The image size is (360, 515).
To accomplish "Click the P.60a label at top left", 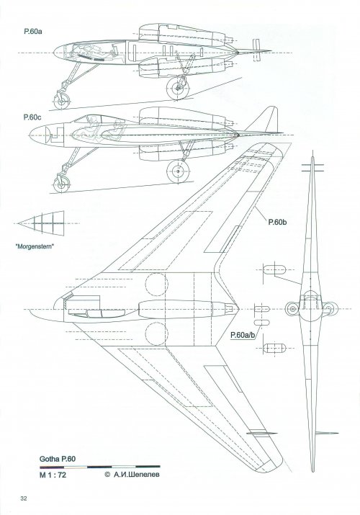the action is click(x=33, y=32).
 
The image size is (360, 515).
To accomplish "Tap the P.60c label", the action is click(x=32, y=117).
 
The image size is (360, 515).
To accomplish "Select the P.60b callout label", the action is click(x=278, y=222).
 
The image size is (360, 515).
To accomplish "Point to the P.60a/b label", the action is click(x=243, y=335).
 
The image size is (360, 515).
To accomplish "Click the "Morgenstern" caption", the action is click(x=35, y=246).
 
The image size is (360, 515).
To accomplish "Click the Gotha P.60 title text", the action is click(x=58, y=459).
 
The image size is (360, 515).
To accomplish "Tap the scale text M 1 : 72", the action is click(x=53, y=475).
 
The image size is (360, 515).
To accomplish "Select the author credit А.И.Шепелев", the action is click(x=132, y=474).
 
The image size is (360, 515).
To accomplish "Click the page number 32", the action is click(x=23, y=498).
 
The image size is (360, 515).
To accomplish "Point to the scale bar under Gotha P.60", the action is click(x=100, y=467).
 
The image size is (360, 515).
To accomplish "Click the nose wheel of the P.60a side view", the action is click(x=61, y=101).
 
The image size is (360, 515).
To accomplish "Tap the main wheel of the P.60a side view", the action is click(x=178, y=88).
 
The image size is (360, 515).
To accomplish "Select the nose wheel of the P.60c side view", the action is click(x=61, y=184).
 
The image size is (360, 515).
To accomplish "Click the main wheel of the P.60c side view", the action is click(x=178, y=171).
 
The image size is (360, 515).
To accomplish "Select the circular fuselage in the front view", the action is click(x=311, y=309).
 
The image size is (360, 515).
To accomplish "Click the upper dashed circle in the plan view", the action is click(x=156, y=285).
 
